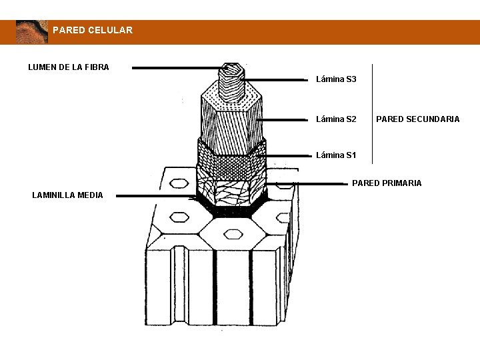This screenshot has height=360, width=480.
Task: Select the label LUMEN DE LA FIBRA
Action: [69, 67]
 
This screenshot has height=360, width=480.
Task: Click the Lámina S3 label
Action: [336, 79]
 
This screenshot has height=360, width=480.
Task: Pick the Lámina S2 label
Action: [336, 119]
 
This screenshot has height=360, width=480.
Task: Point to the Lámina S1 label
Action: [336, 155]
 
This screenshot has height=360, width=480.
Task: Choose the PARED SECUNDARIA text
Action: [417, 119]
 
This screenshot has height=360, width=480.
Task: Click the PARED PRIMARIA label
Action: [387, 183]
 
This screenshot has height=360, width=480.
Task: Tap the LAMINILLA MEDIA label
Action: [67, 195]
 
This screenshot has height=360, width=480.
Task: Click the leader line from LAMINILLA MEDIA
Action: [153, 196]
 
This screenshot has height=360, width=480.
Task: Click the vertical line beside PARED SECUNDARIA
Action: [372, 113]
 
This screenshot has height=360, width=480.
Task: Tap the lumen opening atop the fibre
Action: [231, 68]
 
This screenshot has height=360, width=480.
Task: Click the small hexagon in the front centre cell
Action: [233, 233]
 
